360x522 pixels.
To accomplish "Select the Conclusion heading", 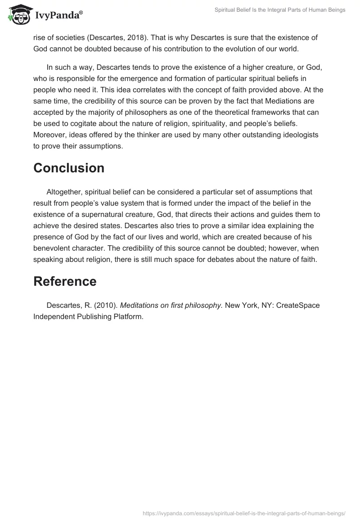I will (x=69, y=168).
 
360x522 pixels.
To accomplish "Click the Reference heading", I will (x=65, y=281).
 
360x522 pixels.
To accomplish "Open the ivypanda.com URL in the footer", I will (x=244, y=513).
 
